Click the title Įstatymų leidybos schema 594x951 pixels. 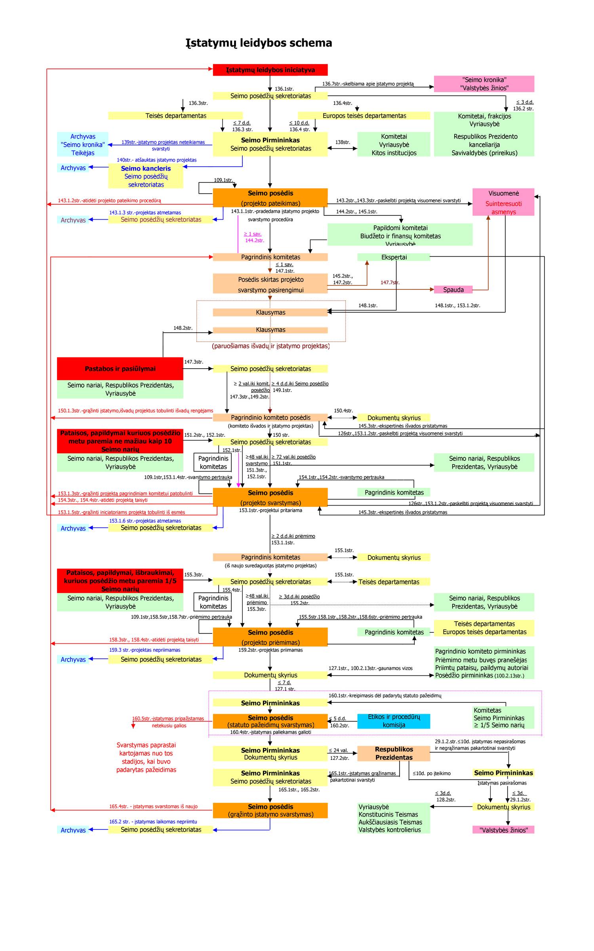pos(259,43)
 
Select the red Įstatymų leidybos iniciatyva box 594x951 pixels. pos(270,70)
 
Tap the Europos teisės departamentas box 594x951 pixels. pos(364,116)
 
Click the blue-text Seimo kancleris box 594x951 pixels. pos(146,176)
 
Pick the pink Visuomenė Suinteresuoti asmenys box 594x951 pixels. pos(503,202)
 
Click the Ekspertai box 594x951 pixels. pos(394,257)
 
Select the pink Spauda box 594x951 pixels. pos(453,289)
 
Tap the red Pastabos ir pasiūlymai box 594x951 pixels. pos(120,369)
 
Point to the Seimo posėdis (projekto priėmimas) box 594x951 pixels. pos(270,637)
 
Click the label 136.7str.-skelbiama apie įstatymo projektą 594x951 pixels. pos(367,84)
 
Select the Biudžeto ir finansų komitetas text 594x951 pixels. pos(400,236)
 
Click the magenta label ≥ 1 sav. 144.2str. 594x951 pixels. pos(253,237)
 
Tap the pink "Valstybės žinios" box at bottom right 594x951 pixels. pos(503,830)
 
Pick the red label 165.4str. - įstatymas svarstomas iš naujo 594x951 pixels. pos(153,806)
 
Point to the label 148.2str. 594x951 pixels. pos(183,328)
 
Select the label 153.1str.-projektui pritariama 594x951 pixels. pos(270,510)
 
